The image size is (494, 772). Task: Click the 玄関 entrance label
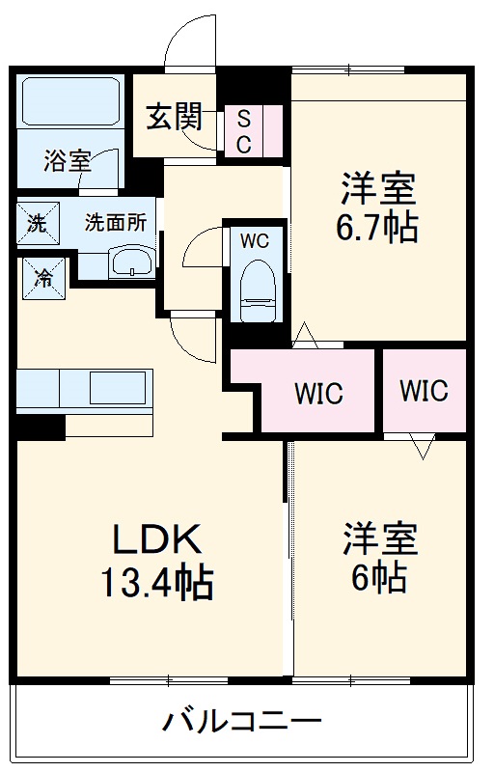[x=175, y=118]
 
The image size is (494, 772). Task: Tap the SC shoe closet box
[x=244, y=131]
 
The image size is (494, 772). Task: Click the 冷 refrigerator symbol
[x=43, y=276]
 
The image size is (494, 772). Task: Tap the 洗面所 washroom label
[x=115, y=222]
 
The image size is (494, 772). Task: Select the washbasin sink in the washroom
[x=131, y=261]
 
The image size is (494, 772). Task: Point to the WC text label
[x=255, y=241]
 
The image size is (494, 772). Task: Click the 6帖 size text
[x=378, y=577]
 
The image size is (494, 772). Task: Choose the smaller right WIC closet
[x=424, y=391]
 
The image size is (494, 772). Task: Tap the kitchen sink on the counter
[x=118, y=389]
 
